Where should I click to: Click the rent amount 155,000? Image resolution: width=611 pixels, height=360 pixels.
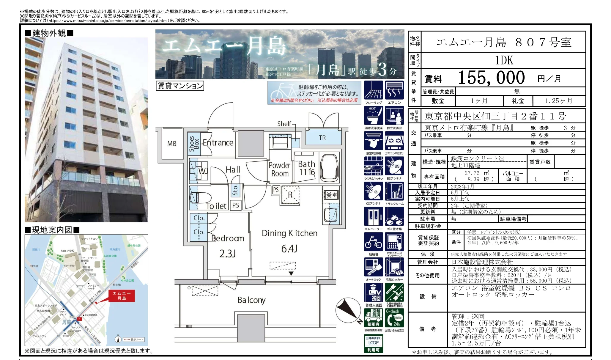(491, 78)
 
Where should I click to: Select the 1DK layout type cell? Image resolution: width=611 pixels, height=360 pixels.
(504, 60)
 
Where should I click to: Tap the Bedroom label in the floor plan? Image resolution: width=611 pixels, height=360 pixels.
(228, 238)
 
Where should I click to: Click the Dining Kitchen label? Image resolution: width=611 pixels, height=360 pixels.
(289, 233)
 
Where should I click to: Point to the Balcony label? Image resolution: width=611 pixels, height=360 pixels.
(251, 300)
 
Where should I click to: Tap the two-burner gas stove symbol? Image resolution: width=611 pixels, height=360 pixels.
(331, 195)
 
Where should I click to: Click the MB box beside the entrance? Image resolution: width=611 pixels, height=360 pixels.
(172, 144)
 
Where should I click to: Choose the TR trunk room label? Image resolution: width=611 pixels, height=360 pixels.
(322, 138)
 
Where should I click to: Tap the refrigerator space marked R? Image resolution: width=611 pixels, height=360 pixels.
(290, 195)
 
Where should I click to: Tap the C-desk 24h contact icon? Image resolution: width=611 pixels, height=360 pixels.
(394, 318)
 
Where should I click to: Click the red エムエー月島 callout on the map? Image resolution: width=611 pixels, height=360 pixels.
(121, 296)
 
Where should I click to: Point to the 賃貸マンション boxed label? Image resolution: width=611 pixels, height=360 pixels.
(180, 86)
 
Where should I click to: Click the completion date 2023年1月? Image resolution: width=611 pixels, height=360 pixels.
(462, 186)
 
